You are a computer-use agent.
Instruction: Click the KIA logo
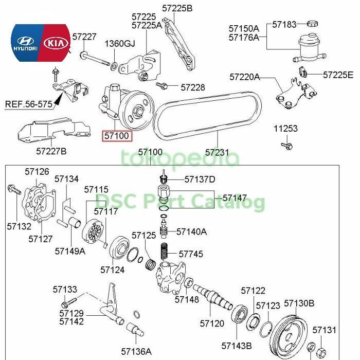[x=56, y=43]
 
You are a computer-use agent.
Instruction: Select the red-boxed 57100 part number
[x=117, y=136]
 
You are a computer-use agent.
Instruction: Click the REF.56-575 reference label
[x=29, y=104]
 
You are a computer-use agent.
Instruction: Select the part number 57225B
[x=177, y=8]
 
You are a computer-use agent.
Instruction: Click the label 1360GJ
[x=120, y=43]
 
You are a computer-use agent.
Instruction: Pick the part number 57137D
[x=200, y=179]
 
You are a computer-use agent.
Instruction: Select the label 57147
[x=235, y=198]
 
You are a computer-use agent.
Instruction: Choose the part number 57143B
[x=236, y=346]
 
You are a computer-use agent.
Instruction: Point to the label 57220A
[x=244, y=77]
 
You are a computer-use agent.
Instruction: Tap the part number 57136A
[x=136, y=352]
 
